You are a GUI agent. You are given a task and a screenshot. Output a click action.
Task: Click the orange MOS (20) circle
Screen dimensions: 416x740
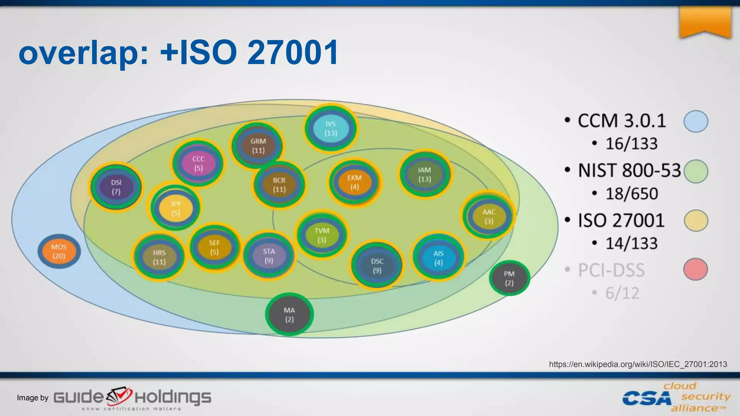59,251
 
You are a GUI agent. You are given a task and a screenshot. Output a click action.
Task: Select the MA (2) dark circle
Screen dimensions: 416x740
289,315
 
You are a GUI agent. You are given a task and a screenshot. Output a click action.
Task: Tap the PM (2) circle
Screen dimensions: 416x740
509,278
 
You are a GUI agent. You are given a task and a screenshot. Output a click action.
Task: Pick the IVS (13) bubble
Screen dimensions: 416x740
331,128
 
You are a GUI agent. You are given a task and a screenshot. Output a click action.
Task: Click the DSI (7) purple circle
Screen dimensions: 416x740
116,187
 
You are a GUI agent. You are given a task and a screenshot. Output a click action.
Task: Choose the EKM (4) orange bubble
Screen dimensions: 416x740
354,182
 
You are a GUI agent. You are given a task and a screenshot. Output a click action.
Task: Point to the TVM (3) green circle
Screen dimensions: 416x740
322,235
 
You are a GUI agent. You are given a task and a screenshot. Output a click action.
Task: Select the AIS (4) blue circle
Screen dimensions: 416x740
438,257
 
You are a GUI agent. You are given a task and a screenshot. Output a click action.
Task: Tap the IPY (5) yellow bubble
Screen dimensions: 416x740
176,208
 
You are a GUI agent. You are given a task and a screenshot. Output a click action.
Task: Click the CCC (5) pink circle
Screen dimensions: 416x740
198,163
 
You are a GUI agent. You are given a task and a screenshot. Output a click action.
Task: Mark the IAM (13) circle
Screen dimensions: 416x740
425,174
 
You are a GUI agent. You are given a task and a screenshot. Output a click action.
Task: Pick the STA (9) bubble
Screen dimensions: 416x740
269,256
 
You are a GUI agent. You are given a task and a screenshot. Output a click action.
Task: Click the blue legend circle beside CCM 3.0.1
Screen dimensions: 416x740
696,121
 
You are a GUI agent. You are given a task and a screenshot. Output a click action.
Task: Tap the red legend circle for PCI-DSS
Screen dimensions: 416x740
695,269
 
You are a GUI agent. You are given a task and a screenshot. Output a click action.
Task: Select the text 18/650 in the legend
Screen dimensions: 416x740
632,194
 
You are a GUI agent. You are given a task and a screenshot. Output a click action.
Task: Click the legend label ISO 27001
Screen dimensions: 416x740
621,220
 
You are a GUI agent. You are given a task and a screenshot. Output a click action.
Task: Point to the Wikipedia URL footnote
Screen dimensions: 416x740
638,364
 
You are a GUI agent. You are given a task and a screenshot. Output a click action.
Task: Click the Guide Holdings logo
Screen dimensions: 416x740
132,399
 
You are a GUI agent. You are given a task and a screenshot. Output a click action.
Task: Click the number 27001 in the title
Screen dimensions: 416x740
293,52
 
